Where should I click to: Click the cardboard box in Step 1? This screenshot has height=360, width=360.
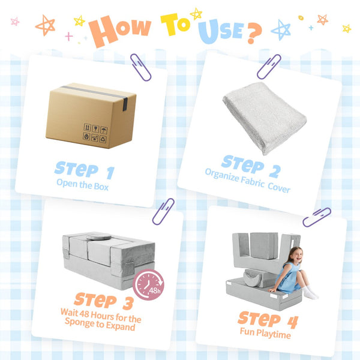click(x=91, y=115)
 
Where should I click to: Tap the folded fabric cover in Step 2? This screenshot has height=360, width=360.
click(x=265, y=118)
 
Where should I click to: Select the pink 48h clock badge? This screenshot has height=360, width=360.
click(x=148, y=284)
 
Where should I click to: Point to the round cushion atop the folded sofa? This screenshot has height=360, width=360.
click(x=99, y=236)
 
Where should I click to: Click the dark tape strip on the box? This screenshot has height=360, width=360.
click(x=97, y=95)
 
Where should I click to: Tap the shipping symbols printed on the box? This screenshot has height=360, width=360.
click(x=95, y=133)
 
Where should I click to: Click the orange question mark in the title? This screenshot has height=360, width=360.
click(x=254, y=33)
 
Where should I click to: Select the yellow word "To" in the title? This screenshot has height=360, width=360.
click(x=175, y=24)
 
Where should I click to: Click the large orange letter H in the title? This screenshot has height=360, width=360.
click(x=103, y=31)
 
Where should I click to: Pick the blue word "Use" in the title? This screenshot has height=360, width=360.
click(x=220, y=31)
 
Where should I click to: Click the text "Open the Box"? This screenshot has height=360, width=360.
click(x=82, y=185)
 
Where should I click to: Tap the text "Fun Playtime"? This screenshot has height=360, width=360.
click(x=265, y=333)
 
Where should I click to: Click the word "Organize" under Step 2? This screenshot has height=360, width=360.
click(x=222, y=175)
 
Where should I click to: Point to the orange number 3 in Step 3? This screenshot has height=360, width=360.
click(x=128, y=303)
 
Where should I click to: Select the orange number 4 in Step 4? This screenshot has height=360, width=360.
click(x=293, y=322)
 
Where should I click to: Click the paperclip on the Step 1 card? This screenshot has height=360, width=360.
click(x=140, y=67)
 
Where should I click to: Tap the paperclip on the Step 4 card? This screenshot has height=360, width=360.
click(x=317, y=217)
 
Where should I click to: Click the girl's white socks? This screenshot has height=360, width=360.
click(x=310, y=293)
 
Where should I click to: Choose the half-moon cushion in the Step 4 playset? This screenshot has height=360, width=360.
click(x=252, y=277)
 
